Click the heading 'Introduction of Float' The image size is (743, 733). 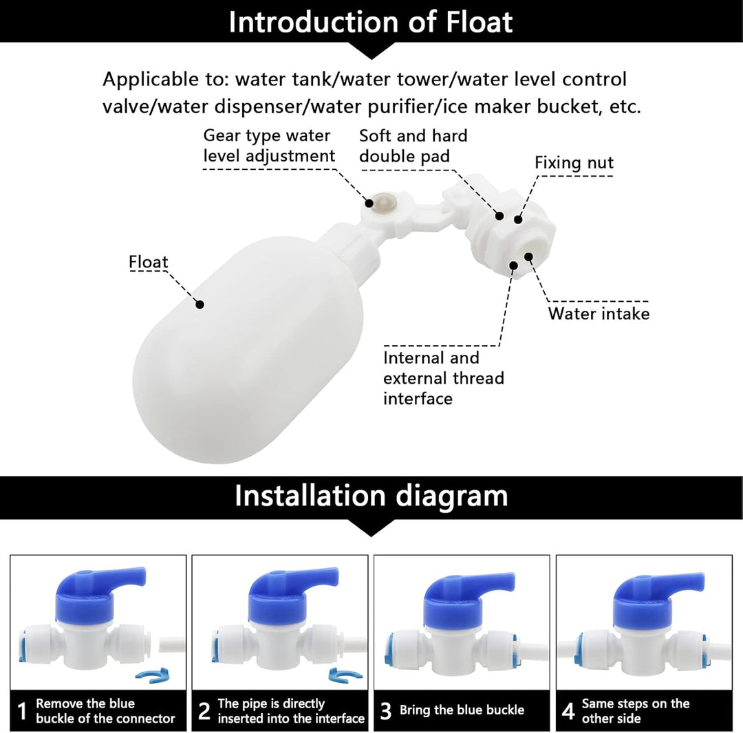coord(371,22)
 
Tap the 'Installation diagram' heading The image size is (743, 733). coord(371,496)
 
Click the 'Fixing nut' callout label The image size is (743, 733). coord(574,163)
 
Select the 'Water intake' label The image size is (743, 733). coord(599,314)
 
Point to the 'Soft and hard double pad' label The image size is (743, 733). coord(413,146)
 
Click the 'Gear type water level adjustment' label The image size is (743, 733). coord(269,146)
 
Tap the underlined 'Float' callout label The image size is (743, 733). coord(149,262)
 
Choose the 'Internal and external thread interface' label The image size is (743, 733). coord(444,378)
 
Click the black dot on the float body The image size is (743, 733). coord(200,305)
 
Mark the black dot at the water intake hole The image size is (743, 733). coord(529,256)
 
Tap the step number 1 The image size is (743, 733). coord(22,711)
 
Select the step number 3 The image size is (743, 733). coord(386,711)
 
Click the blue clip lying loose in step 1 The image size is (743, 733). coord(153,675)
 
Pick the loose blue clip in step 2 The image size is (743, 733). coord(345,675)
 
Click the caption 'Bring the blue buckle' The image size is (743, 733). coord(462,710)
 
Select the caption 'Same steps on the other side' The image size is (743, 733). coord(636,711)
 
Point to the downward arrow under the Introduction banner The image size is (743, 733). coord(371,50)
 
